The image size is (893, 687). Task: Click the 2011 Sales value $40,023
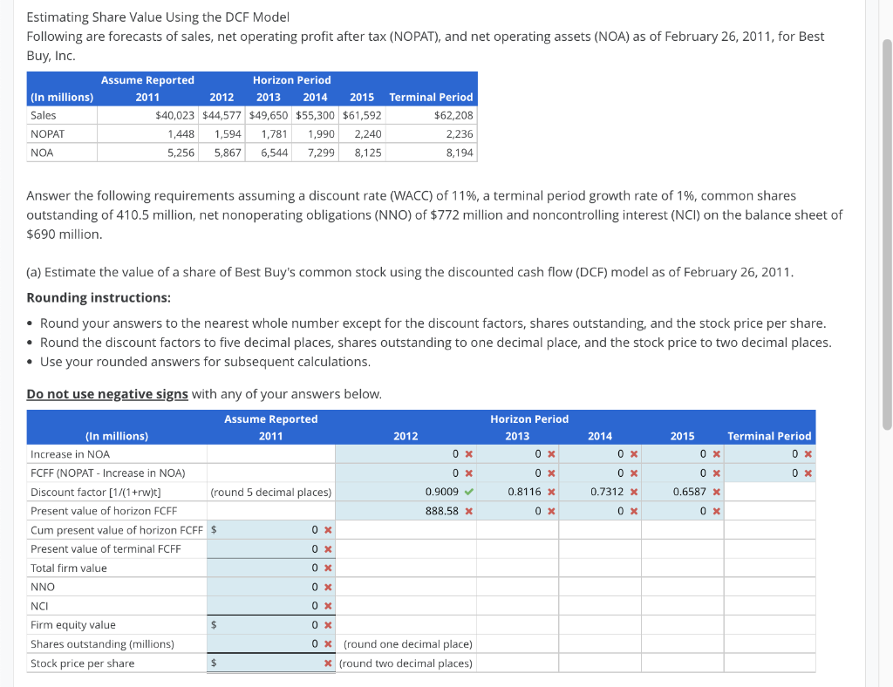175,115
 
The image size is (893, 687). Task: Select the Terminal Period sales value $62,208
453,115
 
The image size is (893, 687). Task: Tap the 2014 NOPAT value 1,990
321,133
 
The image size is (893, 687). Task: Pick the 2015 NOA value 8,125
367,153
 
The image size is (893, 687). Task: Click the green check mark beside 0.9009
468,492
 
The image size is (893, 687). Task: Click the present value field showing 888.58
442,511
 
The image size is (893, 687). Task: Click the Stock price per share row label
82,663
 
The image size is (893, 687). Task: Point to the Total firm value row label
68,568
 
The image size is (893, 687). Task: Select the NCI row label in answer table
39,606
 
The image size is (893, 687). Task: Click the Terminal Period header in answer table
769,436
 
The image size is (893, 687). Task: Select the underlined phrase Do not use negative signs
107,394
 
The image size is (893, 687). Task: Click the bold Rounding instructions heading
98,297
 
